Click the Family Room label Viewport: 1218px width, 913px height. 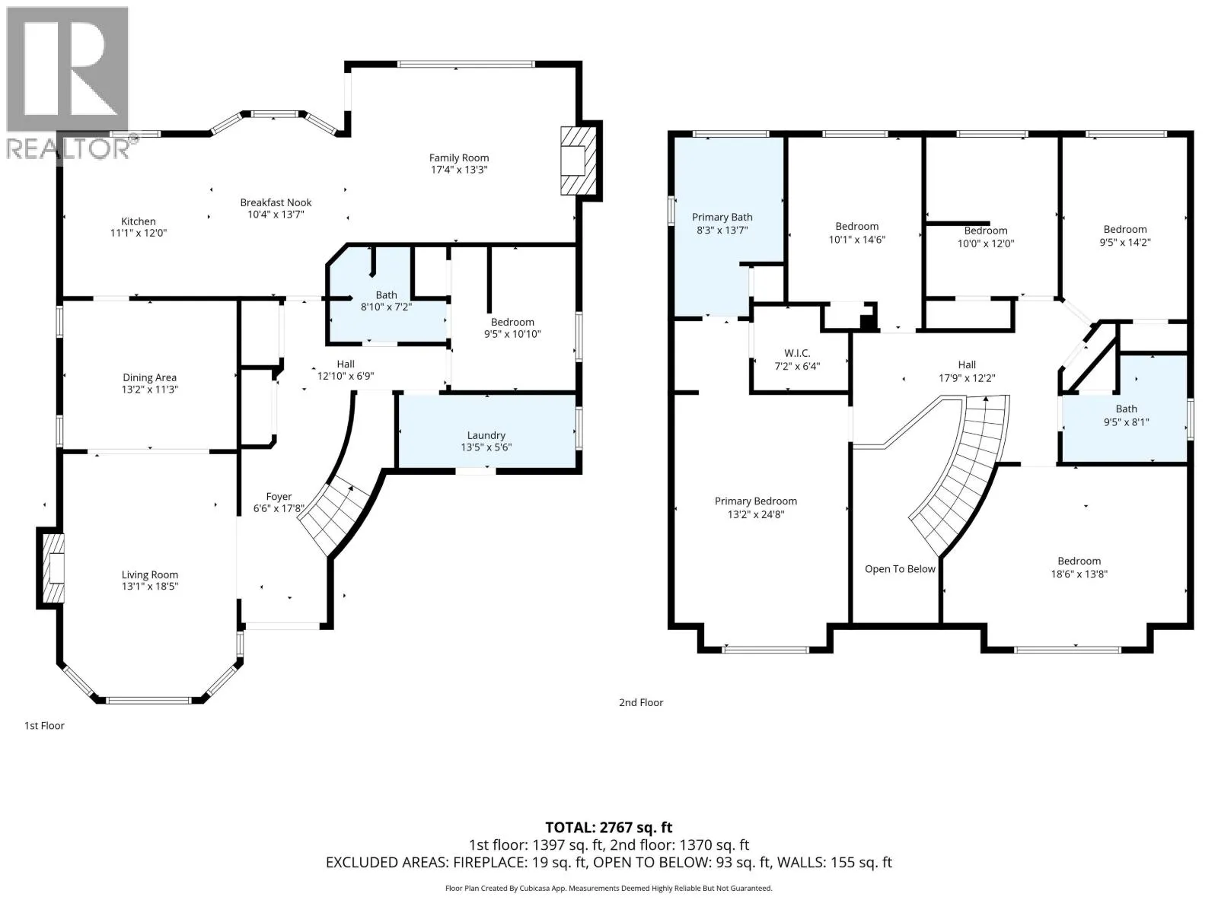[458, 158]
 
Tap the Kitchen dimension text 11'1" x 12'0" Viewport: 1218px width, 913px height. [139, 233]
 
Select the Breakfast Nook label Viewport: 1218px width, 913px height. [276, 202]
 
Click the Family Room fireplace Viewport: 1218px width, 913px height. [580, 161]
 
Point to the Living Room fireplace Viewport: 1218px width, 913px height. [50, 568]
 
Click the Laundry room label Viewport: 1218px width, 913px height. [486, 435]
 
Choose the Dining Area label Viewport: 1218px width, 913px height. [149, 377]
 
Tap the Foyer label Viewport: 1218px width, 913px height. [279, 497]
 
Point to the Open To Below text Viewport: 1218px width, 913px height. [900, 569]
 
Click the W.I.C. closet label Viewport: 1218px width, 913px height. [797, 352]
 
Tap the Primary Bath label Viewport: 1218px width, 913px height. [722, 218]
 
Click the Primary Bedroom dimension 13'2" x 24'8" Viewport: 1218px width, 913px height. [756, 514]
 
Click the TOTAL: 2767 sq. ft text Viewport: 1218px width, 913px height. [609, 828]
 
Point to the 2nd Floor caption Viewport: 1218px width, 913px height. [641, 702]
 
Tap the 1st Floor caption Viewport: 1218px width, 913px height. [44, 726]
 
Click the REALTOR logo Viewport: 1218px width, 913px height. [69, 83]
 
